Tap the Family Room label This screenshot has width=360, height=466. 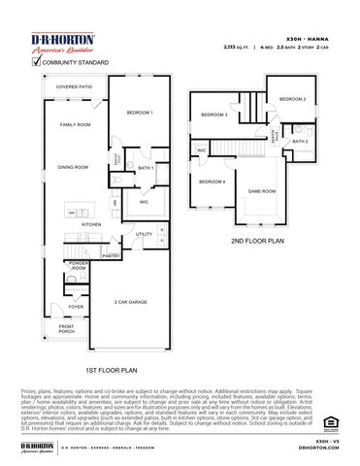[x=75, y=125]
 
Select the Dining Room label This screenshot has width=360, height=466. [x=73, y=167]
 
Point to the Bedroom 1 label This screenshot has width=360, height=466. [x=140, y=114]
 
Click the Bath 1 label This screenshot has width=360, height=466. [x=146, y=168]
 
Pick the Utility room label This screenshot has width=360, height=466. [x=144, y=234]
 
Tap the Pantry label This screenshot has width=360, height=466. [x=111, y=256]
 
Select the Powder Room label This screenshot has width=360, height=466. [x=79, y=266]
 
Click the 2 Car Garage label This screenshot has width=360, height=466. [x=129, y=302]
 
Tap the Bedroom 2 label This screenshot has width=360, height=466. [x=292, y=100]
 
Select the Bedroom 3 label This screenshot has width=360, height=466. [x=213, y=116]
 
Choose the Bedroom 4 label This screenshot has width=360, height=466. [x=212, y=182]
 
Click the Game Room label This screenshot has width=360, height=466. [x=262, y=191]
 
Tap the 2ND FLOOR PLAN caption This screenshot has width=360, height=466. [x=257, y=240]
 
